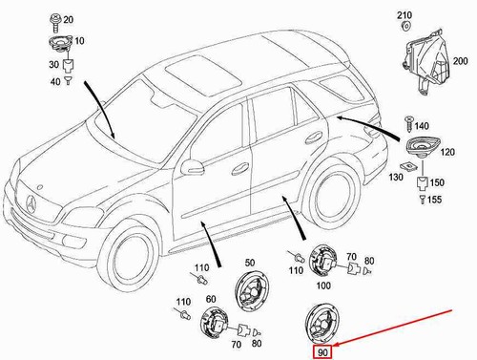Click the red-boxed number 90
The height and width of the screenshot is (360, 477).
pyautogui.click(x=322, y=352)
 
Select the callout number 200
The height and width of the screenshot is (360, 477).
pyautogui.click(x=460, y=61)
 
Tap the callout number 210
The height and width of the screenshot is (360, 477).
pyautogui.click(x=404, y=15)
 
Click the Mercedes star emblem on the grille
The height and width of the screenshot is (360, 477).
pyautogui.click(x=31, y=204)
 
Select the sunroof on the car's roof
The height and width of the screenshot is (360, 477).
pyautogui.click(x=203, y=74)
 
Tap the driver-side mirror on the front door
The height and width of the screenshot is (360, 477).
pyautogui.click(x=192, y=166)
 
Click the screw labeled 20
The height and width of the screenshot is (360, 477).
pyautogui.click(x=54, y=22)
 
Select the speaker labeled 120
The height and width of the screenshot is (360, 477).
pyautogui.click(x=424, y=146)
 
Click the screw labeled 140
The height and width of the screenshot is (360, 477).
pyautogui.click(x=408, y=123)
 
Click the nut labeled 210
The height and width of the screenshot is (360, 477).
pyautogui.click(x=405, y=26)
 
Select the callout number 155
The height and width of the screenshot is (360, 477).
pyautogui.click(x=434, y=200)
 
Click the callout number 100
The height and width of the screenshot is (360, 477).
pyautogui.click(x=323, y=286)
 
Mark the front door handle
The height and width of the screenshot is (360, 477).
pyautogui.click(x=240, y=169)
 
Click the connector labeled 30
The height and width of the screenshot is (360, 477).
pyautogui.click(x=68, y=66)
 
